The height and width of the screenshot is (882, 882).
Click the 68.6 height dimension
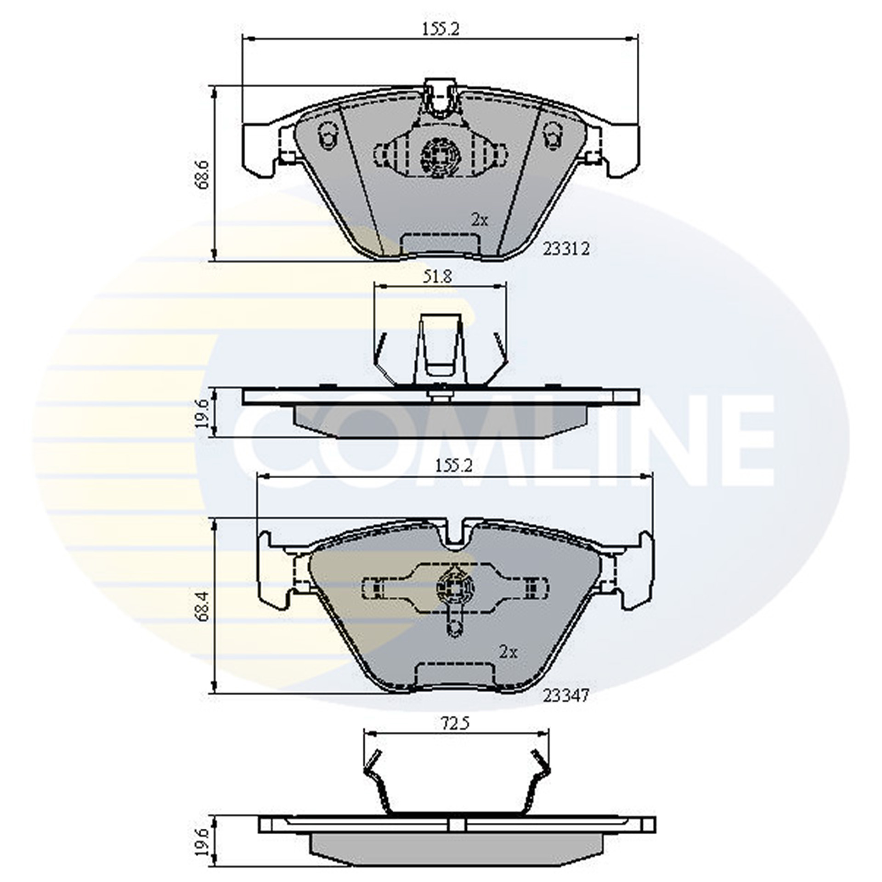pyautogui.click(x=202, y=174)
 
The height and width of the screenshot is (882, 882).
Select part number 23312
pyautogui.click(x=566, y=249)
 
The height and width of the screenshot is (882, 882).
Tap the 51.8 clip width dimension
pyautogui.click(x=437, y=277)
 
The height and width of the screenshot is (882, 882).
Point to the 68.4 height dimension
pyautogui.click(x=203, y=606)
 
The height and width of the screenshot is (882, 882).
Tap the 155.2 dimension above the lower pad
pyautogui.click(x=453, y=466)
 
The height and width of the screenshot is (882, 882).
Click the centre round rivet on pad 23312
pyautogui.click(x=439, y=156)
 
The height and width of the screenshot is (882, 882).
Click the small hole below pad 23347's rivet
pyautogui.click(x=455, y=628)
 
